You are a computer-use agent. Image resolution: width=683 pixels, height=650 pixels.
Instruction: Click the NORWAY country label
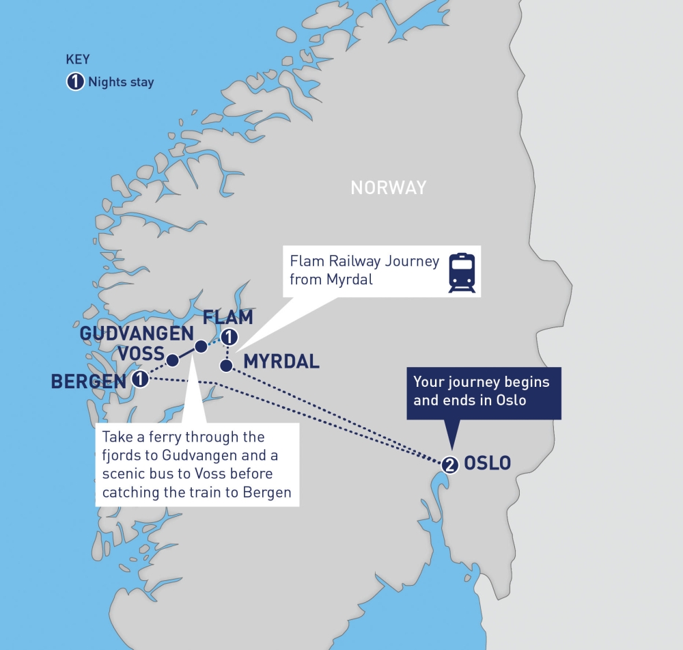point(388,187)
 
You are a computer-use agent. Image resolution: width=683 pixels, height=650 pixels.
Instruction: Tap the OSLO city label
point(487,463)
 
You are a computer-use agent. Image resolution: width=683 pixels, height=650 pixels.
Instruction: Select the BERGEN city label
point(89,381)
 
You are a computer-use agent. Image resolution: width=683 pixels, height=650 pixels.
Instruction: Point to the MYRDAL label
point(281,362)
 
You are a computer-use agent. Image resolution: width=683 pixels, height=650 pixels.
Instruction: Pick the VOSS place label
point(141,354)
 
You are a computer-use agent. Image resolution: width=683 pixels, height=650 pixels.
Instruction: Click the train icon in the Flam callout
point(462,273)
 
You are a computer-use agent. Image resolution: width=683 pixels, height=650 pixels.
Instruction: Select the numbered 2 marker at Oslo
point(449,465)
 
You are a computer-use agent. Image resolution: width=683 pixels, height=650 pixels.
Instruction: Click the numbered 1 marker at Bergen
point(140,379)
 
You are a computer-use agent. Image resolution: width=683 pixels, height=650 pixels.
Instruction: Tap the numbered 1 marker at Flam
point(229,337)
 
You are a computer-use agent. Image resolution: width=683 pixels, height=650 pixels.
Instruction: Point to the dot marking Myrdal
point(225,363)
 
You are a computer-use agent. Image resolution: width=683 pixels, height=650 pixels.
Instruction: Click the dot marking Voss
point(173,360)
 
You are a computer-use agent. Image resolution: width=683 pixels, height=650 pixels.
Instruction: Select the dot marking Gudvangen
point(200,347)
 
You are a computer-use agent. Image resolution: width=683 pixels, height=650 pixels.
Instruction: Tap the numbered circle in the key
point(74,82)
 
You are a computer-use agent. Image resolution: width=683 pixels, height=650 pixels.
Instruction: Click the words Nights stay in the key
point(121,83)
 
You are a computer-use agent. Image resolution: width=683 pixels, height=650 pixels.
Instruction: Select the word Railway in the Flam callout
point(355,262)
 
